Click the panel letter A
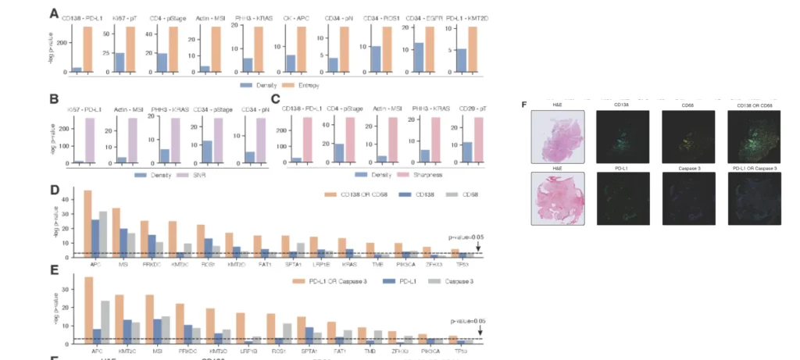[x=54, y=13]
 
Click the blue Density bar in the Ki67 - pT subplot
[x=120, y=62]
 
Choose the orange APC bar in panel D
[x=87, y=223]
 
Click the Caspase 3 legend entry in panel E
[x=466, y=280]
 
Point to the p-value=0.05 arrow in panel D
[x=479, y=248]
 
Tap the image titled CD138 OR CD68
[x=754, y=136]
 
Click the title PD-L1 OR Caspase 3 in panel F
[x=754, y=168]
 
